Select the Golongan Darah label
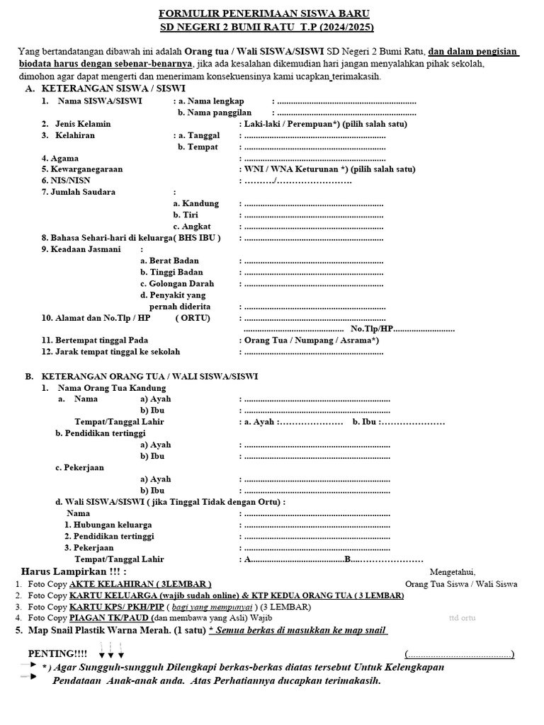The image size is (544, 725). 177,284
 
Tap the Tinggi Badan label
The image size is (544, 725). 171,272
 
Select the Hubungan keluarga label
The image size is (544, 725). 108,525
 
